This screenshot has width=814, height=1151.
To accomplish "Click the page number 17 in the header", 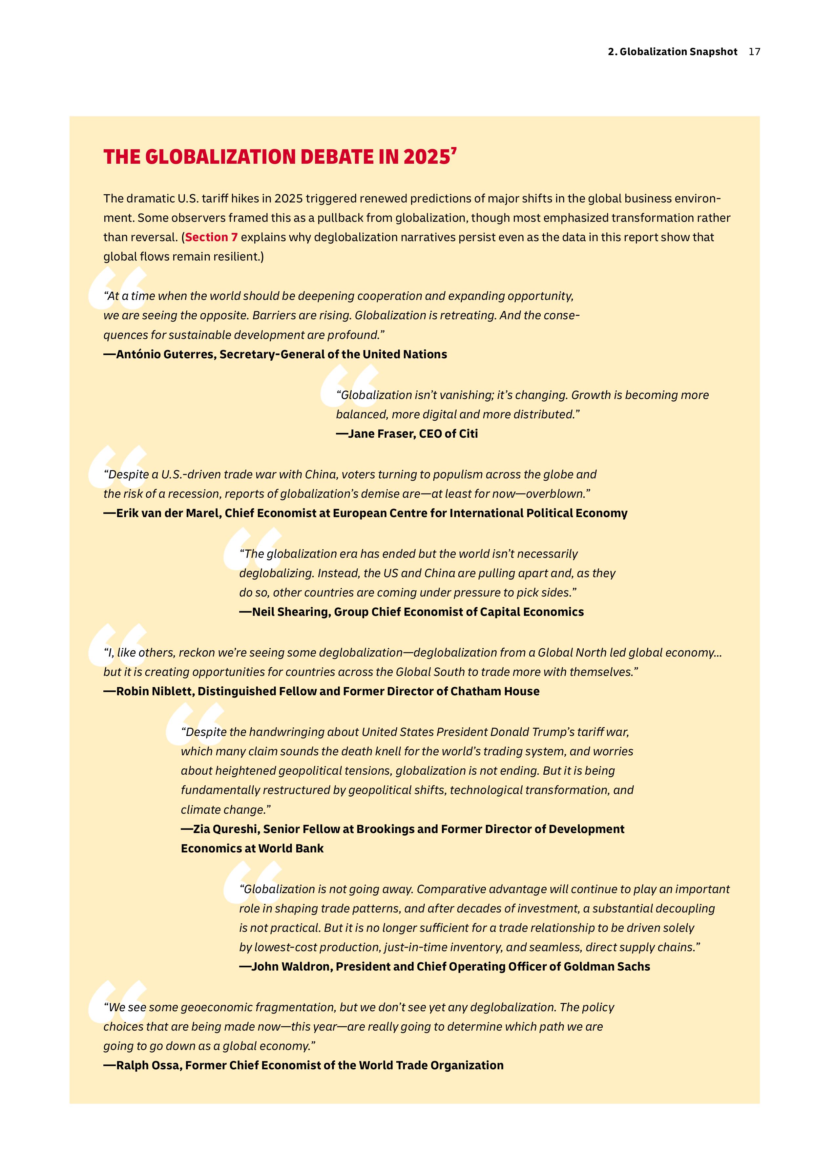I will click(x=754, y=52).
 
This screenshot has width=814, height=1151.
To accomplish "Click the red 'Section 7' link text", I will click(x=211, y=237).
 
